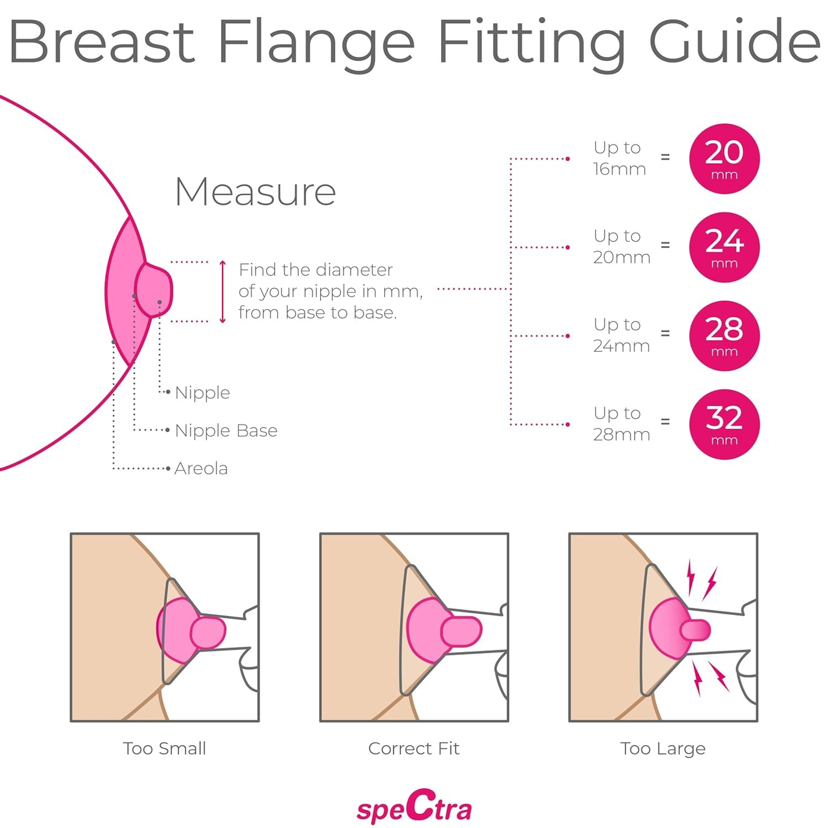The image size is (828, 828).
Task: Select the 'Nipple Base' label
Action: point(226,430)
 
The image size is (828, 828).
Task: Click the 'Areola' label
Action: point(201,468)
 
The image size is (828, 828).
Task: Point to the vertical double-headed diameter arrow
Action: point(223,292)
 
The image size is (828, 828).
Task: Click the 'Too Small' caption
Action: point(165,748)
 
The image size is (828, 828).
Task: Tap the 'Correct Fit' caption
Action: point(414,748)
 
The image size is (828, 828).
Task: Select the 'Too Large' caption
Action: point(663,748)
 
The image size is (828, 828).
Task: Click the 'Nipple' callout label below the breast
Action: point(202,393)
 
